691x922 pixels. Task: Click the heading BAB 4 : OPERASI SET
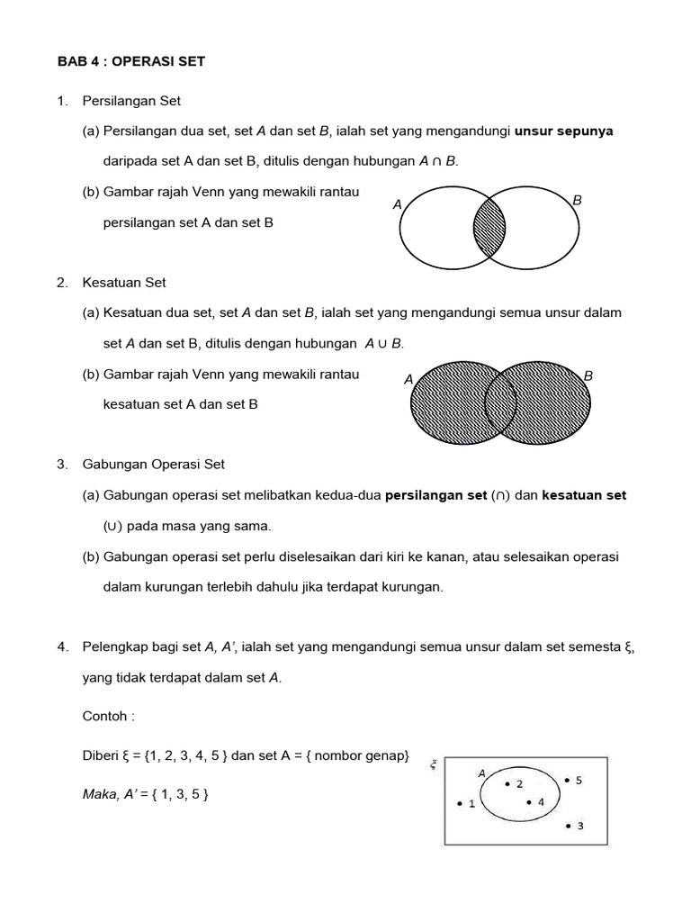pyautogui.click(x=131, y=61)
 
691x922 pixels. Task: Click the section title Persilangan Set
pyautogui.click(x=131, y=101)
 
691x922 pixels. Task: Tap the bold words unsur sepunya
pyautogui.click(x=563, y=131)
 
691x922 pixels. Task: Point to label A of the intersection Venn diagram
pyautogui.click(x=397, y=205)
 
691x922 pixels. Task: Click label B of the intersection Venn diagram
pyautogui.click(x=578, y=200)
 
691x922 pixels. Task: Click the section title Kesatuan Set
pyautogui.click(x=124, y=283)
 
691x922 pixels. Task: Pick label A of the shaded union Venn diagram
pyautogui.click(x=408, y=380)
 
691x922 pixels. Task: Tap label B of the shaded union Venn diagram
pyautogui.click(x=588, y=375)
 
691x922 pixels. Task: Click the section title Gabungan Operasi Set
pyautogui.click(x=153, y=465)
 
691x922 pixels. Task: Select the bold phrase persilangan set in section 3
pyautogui.click(x=435, y=495)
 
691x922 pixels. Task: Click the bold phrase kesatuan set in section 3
pyautogui.click(x=584, y=495)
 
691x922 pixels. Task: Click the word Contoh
pyautogui.click(x=108, y=716)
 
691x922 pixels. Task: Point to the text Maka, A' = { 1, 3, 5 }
pyautogui.click(x=145, y=793)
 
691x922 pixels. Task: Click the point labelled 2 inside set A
pyautogui.click(x=507, y=784)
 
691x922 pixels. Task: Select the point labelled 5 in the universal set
pyautogui.click(x=567, y=781)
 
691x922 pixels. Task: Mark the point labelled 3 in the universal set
pyautogui.click(x=569, y=825)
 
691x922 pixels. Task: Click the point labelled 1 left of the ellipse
pyautogui.click(x=460, y=803)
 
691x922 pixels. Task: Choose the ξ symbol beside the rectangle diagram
pyautogui.click(x=433, y=764)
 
